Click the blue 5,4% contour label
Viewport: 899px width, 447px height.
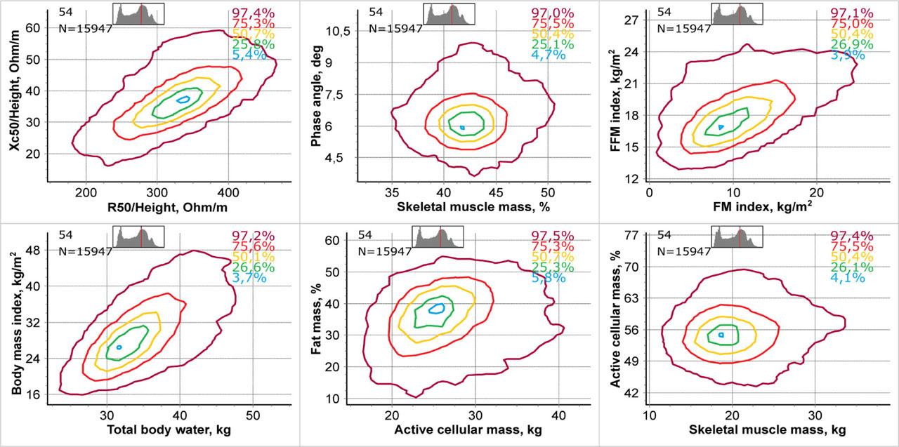tap(249, 55)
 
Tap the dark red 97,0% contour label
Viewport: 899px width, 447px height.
tap(552, 13)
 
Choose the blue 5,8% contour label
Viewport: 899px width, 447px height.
tap(549, 277)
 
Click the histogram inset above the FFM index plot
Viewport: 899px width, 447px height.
tap(737, 14)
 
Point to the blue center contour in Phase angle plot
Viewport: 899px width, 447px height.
tap(462, 127)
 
